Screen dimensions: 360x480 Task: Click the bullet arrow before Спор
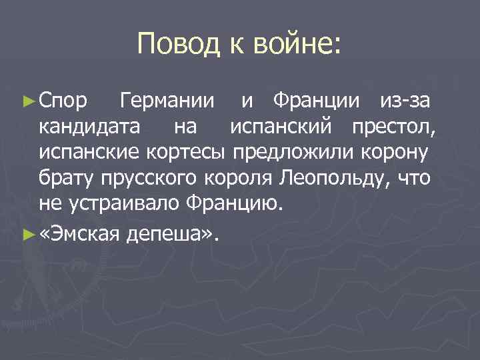point(28,102)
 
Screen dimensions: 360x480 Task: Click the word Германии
point(166,102)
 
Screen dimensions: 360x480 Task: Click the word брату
point(67,178)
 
